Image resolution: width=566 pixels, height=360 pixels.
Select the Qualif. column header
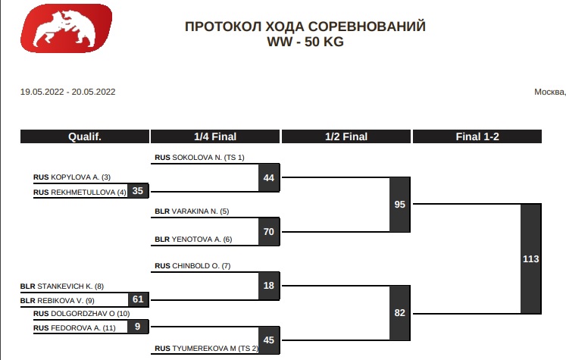click(84, 137)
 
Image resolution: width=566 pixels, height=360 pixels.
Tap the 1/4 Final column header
click(215, 137)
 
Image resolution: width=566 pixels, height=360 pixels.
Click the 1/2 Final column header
click(346, 137)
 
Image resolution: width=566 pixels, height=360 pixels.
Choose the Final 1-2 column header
click(477, 137)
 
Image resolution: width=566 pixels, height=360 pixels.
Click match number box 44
click(268, 178)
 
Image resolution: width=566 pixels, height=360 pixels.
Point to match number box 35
click(137, 191)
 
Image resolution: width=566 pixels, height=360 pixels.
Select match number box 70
click(268, 231)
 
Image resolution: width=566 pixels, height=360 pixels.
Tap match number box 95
click(399, 205)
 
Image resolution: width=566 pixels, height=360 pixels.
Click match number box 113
click(530, 258)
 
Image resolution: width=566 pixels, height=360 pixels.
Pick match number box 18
click(268, 286)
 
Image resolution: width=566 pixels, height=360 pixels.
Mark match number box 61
click(137, 299)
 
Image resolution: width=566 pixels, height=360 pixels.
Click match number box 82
click(399, 312)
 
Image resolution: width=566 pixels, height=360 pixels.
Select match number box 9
click(137, 327)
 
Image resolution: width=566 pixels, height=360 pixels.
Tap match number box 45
click(268, 340)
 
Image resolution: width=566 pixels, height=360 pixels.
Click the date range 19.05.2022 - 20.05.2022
click(67, 92)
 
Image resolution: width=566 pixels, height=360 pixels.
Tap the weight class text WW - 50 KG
click(305, 42)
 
